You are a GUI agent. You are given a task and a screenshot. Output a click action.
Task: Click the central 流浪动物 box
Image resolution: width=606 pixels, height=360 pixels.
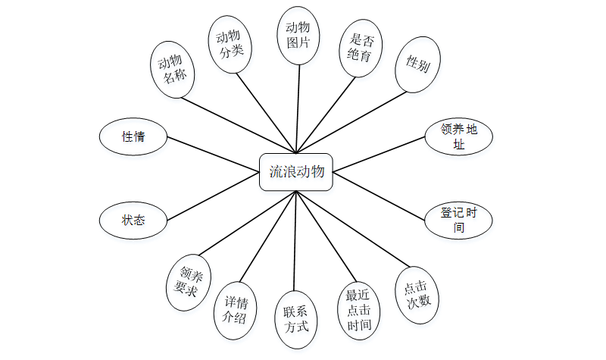(296, 172)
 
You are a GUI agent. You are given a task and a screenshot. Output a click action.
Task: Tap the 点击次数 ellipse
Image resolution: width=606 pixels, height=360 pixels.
(417, 296)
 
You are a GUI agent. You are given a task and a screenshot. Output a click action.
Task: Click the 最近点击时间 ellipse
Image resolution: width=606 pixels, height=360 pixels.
(359, 311)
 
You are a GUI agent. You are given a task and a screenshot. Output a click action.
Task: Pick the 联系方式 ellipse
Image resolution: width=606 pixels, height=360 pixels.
(296, 320)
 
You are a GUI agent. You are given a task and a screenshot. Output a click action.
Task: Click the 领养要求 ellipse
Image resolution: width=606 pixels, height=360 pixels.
(188, 280)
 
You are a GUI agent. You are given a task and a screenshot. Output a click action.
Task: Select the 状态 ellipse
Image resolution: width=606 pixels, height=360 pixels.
(133, 220)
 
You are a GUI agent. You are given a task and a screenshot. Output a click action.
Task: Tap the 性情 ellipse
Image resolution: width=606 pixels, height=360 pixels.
(133, 137)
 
